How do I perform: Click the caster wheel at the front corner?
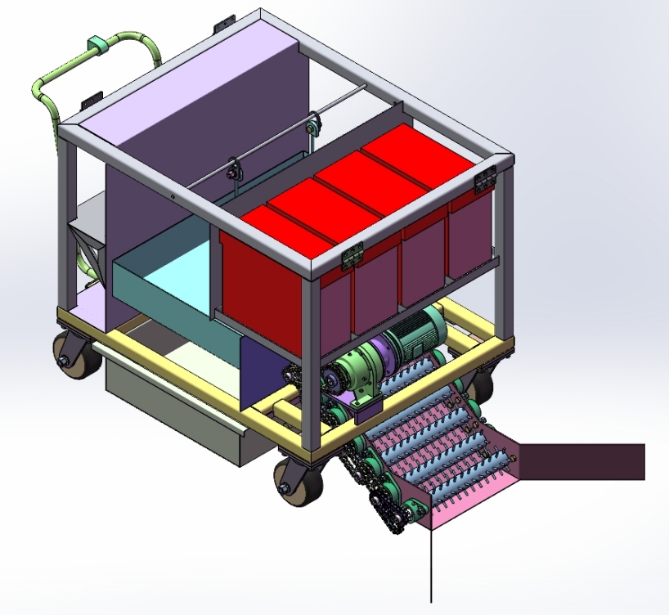tap(299, 482)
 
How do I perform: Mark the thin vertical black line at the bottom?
tap(431, 564)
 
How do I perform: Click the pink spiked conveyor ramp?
tap(458, 458)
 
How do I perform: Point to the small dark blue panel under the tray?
tap(262, 372)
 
